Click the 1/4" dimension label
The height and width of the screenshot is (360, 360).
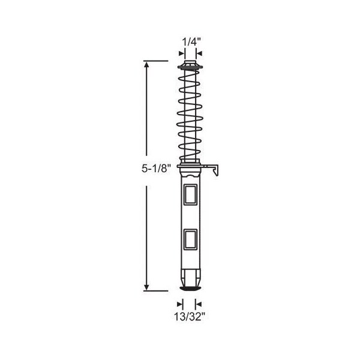[x=191, y=42]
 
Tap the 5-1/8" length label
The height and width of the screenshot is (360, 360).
[x=157, y=169]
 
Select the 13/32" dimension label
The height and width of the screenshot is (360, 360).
[x=189, y=317]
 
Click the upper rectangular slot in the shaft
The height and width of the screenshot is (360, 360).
[x=190, y=194]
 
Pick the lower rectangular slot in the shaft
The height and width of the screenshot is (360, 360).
[x=190, y=239]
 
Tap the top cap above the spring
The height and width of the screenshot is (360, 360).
[x=190, y=63]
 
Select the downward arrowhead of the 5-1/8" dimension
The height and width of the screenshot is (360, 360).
[x=146, y=287]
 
